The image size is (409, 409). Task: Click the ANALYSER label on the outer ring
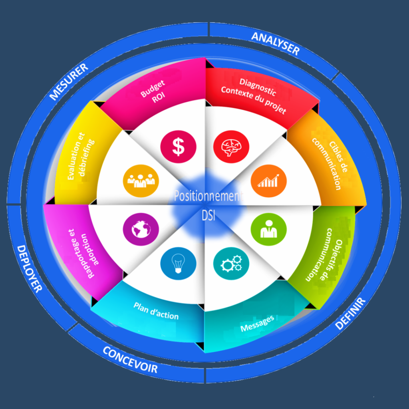pos(275,43)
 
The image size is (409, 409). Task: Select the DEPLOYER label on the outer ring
pos(29,268)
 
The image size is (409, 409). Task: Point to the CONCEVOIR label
pos(130,359)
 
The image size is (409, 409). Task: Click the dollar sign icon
pos(178,146)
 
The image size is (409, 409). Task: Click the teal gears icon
pos(231,264)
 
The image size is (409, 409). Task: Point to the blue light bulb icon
pos(178,264)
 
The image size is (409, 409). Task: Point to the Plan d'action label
pos(156,311)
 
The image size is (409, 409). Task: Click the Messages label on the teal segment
pos(258,324)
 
